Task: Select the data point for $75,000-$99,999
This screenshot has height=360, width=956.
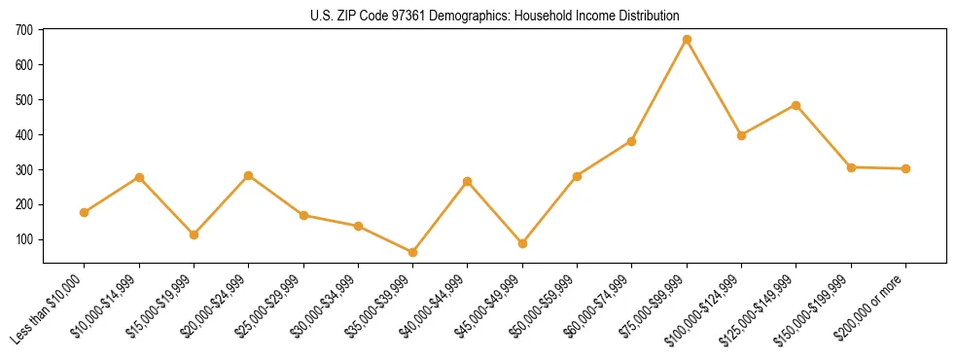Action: pyautogui.click(x=687, y=40)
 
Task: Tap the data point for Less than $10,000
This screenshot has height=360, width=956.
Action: pyautogui.click(x=85, y=212)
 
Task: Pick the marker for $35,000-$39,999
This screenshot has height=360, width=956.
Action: pyautogui.click(x=413, y=252)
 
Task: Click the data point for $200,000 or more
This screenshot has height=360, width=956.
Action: pyautogui.click(x=905, y=168)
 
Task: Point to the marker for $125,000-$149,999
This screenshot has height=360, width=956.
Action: pyautogui.click(x=797, y=105)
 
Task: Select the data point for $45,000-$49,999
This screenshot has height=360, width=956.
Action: pyautogui.click(x=522, y=243)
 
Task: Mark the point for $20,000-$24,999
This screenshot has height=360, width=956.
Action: pyautogui.click(x=249, y=175)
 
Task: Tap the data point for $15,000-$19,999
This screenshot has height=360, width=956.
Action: pyautogui.click(x=194, y=234)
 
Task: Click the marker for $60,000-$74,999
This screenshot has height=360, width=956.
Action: pyautogui.click(x=632, y=141)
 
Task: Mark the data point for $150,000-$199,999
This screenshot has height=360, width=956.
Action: pyautogui.click(x=851, y=167)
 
